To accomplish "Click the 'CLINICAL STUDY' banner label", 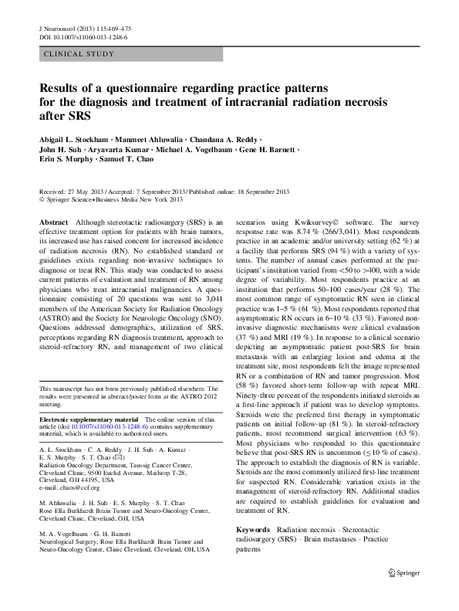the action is coord(80,54).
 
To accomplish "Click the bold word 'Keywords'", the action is coord(253,530).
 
